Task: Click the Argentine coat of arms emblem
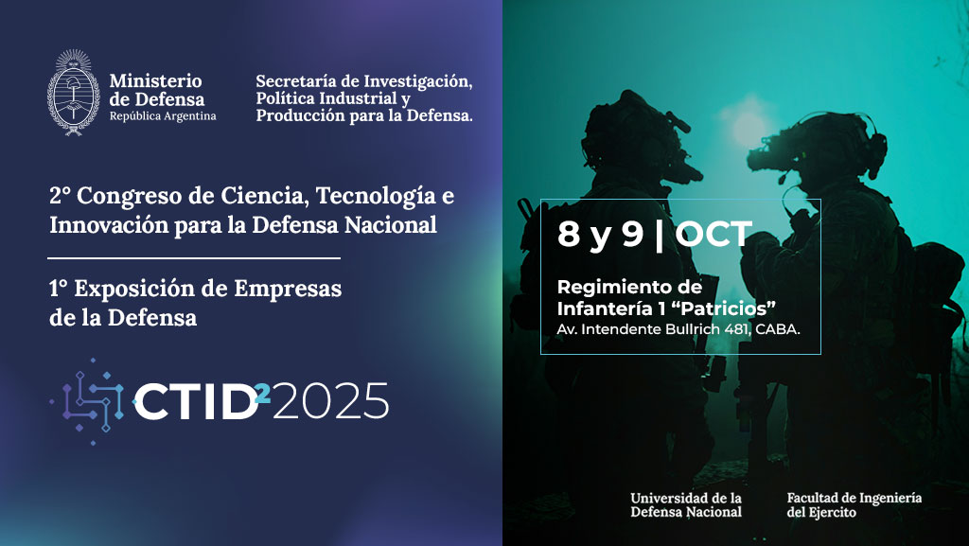click(74, 93)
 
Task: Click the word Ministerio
click(156, 81)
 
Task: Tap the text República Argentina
click(163, 116)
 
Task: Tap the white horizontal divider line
click(194, 258)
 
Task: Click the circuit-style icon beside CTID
click(88, 401)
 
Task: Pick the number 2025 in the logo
click(330, 401)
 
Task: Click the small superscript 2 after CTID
click(263, 394)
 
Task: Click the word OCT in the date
click(714, 234)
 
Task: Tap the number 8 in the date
click(569, 234)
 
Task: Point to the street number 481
click(737, 329)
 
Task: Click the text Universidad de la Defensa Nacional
click(686, 505)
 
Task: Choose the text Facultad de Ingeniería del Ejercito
click(854, 505)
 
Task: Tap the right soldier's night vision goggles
click(772, 159)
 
